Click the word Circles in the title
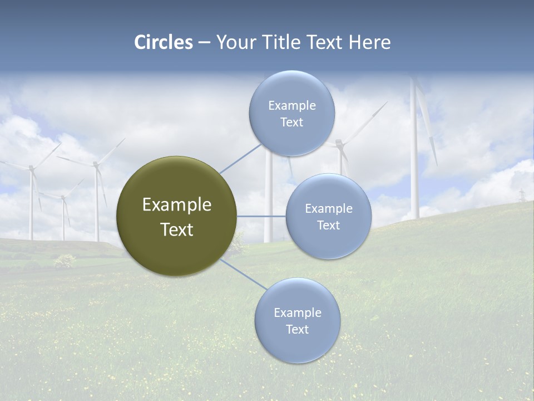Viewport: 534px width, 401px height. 164,42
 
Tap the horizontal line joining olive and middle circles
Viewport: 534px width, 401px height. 261,216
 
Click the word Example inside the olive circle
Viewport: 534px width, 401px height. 177,205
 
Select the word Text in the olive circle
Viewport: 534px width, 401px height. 177,229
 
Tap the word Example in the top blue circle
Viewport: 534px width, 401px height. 291,106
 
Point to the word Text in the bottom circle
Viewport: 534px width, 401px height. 297,329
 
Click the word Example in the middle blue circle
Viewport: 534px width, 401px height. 328,209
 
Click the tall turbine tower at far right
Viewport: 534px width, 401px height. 414,167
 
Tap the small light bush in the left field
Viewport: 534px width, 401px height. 65,260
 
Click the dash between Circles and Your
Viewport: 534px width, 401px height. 204,43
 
